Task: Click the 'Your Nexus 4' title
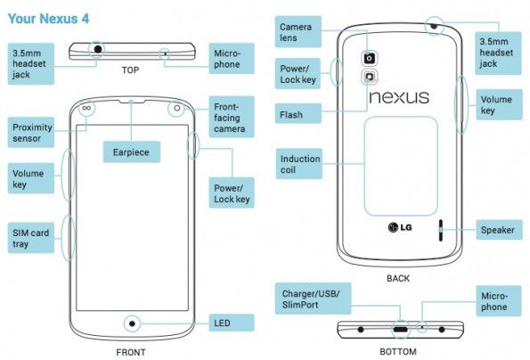48,19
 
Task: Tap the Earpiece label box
132,151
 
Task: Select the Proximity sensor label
31,133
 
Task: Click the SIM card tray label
31,238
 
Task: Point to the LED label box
232,323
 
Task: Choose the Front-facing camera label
232,117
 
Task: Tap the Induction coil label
299,164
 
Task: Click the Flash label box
298,114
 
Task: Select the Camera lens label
298,32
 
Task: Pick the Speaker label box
499,230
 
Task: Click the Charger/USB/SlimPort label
313,299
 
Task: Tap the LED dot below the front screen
132,323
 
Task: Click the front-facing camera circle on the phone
176,108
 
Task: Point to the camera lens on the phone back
369,58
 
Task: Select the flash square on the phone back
369,77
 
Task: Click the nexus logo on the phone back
399,97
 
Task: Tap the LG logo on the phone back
400,227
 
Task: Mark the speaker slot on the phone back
440,230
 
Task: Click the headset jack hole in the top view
98,49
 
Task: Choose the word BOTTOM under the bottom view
398,352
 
